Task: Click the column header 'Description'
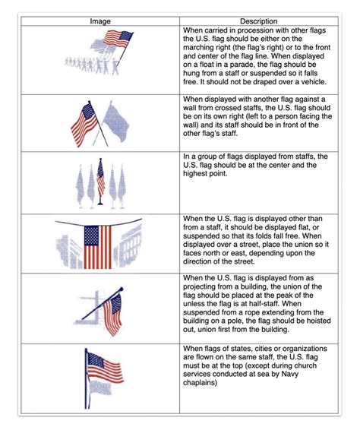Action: [258, 21]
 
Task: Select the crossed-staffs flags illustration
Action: [100, 122]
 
